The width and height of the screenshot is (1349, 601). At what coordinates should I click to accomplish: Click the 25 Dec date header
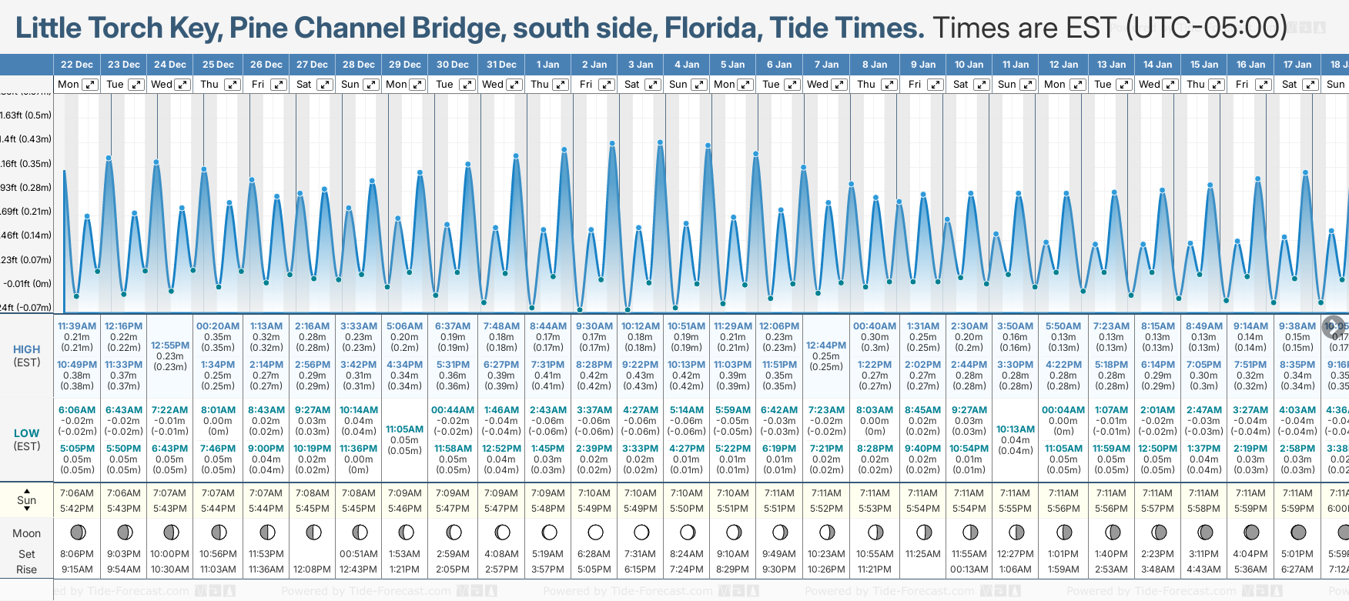pyautogui.click(x=218, y=65)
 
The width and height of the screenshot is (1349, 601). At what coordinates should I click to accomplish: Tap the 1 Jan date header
pyautogui.click(x=547, y=65)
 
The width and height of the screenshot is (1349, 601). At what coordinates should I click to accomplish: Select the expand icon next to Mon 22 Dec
pyautogui.click(x=90, y=85)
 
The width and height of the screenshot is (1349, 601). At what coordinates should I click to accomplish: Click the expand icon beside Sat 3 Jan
pyautogui.click(x=652, y=85)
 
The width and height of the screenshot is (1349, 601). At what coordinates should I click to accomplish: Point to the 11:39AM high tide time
pyautogui.click(x=77, y=326)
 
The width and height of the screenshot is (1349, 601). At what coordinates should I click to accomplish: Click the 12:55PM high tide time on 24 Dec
pyautogui.click(x=170, y=346)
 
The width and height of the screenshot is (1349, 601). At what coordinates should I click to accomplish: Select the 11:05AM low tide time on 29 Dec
pyautogui.click(x=404, y=429)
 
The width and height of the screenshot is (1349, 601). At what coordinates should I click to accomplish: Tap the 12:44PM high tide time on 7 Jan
pyautogui.click(x=826, y=346)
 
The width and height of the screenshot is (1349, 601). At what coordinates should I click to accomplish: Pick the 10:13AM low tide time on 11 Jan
pyautogui.click(x=1016, y=429)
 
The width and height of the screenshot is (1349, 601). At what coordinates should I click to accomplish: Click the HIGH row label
pyautogui.click(x=26, y=349)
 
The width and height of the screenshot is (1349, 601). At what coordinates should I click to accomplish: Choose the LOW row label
pyautogui.click(x=26, y=433)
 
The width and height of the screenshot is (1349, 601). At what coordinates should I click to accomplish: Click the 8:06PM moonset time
pyautogui.click(x=77, y=554)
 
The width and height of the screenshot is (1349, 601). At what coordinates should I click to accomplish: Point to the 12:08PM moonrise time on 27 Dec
pyautogui.click(x=313, y=569)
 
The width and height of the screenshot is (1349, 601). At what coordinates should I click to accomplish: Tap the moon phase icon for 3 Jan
pyautogui.click(x=641, y=533)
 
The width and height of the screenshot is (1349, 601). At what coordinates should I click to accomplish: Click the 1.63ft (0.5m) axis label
pyautogui.click(x=26, y=115)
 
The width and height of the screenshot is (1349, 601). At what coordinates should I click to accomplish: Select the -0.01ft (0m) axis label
pyautogui.click(x=26, y=284)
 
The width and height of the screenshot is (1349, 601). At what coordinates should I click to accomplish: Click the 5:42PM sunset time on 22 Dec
pyautogui.click(x=77, y=509)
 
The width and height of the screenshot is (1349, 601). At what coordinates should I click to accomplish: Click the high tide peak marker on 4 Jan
pyautogui.click(x=661, y=142)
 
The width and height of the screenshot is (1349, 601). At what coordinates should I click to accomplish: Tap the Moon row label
pyautogui.click(x=26, y=533)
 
